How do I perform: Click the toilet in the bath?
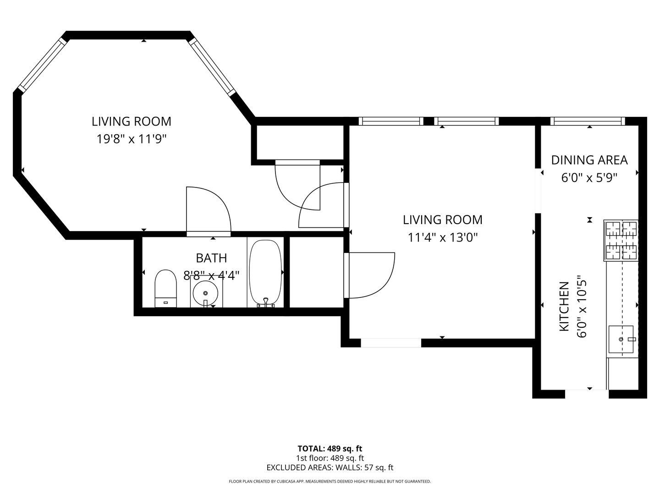165,288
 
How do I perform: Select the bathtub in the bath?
265,271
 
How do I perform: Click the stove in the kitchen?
621,240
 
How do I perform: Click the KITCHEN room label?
564,307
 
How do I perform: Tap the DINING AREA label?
589,160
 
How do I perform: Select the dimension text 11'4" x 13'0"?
442,237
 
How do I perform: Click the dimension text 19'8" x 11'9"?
131,139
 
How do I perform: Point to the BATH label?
211,258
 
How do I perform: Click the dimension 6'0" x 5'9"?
589,177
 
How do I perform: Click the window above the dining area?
588,121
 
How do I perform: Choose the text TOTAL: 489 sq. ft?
330,448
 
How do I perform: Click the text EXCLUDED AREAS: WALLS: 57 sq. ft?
330,467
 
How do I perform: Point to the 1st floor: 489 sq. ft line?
330,458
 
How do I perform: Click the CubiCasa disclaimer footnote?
330,481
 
